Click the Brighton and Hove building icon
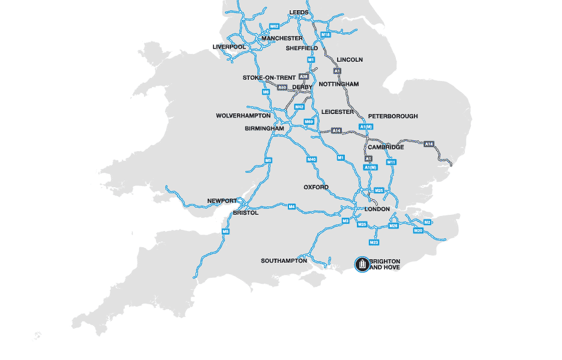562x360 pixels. tap(362, 264)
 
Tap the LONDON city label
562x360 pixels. tap(377, 209)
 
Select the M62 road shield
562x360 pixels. tap(275, 26)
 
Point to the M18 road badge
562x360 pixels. tap(326, 35)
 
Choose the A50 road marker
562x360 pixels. tap(282, 88)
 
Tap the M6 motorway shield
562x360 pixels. tap(266, 92)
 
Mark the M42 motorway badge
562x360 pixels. tap(299, 107)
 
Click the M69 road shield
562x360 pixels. tap(309, 122)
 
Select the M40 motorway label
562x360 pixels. tap(311, 160)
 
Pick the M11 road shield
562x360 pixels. tap(392, 162)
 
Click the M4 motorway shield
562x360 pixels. tap(291, 207)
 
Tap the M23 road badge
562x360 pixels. tap(374, 242)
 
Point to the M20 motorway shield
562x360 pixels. tap(419, 231)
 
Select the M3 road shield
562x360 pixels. tap(345, 221)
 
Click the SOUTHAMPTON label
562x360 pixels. tap(284, 261)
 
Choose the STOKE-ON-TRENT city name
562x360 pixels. tap(269, 78)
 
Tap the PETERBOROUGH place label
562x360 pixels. tap(393, 116)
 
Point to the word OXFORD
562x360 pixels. tap(316, 187)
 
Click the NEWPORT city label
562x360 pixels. tap(223, 201)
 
